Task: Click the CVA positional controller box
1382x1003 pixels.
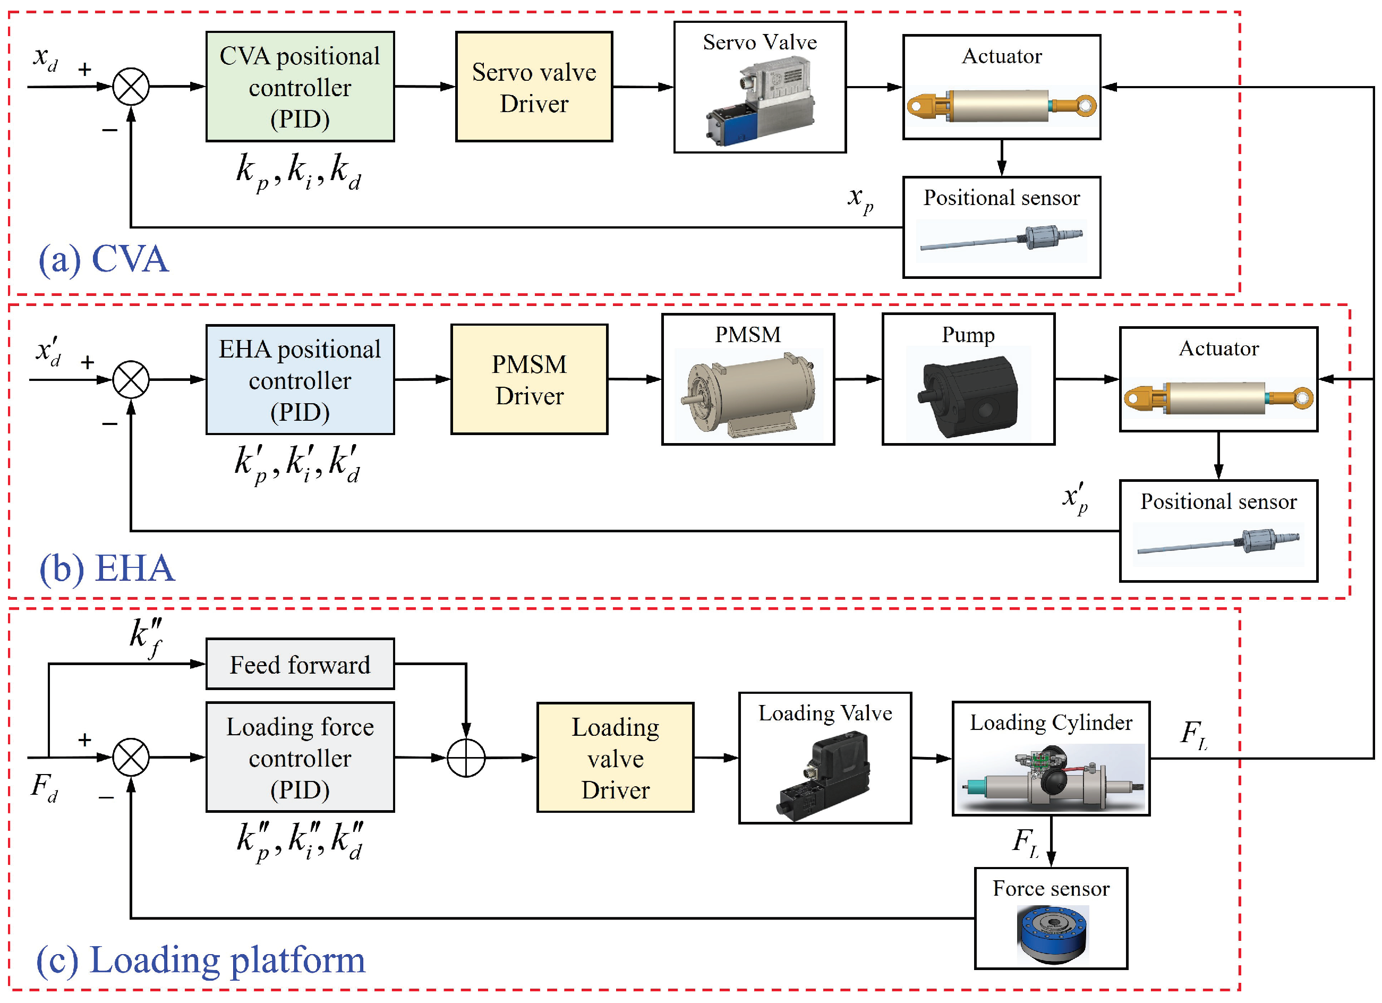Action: pos(300,87)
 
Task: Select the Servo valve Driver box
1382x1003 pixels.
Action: pos(534,87)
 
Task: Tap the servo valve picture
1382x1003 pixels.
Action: pos(761,100)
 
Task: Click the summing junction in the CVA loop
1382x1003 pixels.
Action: pos(131,87)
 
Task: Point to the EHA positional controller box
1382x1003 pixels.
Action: pos(300,380)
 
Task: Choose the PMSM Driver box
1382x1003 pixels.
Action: pos(529,380)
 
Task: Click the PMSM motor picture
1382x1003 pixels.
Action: pos(748,393)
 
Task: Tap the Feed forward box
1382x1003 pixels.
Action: pos(300,664)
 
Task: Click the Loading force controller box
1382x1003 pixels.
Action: pos(300,758)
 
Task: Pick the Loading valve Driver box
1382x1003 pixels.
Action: pos(615,758)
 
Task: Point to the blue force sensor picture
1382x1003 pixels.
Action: pos(1052,934)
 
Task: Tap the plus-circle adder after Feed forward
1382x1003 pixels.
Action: pos(466,758)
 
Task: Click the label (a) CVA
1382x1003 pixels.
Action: pos(104,259)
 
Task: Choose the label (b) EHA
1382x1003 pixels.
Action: pos(107,568)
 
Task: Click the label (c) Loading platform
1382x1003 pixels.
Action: pos(201,960)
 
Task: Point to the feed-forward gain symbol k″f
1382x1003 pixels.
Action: pos(146,637)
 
